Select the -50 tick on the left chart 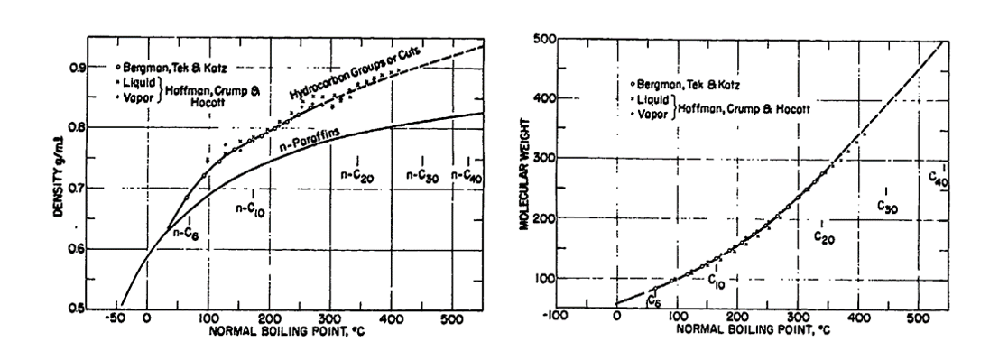[x=114, y=318]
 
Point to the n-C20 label [x=358, y=175]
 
